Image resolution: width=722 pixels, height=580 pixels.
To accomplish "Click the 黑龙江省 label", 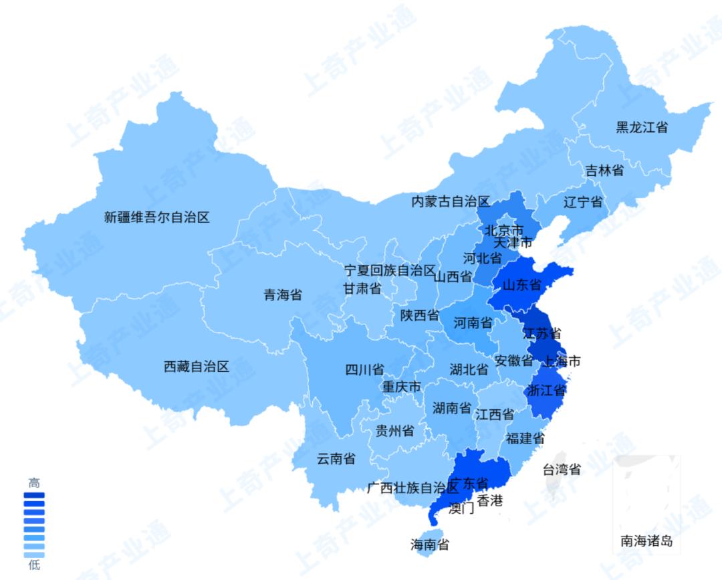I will [642, 127].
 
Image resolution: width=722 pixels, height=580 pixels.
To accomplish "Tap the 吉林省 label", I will [604, 170].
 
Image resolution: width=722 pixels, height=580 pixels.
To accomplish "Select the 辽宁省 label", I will [583, 202].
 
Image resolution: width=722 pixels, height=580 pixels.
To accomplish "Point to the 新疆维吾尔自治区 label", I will [157, 217].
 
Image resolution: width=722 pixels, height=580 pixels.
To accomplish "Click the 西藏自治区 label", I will [197, 367].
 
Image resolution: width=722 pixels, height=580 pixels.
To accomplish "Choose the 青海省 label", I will [283, 295].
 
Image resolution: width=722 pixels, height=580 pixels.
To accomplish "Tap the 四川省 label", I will [364, 369].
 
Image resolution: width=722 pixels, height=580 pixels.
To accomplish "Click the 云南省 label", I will [336, 459].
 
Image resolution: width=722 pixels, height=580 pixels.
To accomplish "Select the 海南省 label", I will [430, 545].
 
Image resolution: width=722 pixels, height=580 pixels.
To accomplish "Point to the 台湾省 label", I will [562, 469].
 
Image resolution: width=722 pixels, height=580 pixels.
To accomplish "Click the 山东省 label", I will [521, 286].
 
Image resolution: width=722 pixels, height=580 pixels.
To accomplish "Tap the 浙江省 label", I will [546, 390].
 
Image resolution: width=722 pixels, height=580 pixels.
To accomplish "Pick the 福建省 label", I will [525, 439].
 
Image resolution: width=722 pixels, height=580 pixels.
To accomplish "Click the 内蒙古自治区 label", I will [451, 201].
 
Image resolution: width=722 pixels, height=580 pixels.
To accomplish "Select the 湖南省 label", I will [452, 408].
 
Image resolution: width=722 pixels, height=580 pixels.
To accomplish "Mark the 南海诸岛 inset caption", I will [646, 541].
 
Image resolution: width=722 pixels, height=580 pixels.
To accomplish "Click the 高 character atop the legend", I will [34, 482].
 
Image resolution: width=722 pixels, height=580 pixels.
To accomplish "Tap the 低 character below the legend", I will [34, 566].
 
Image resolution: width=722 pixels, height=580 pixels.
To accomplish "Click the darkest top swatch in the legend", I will [34, 496].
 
